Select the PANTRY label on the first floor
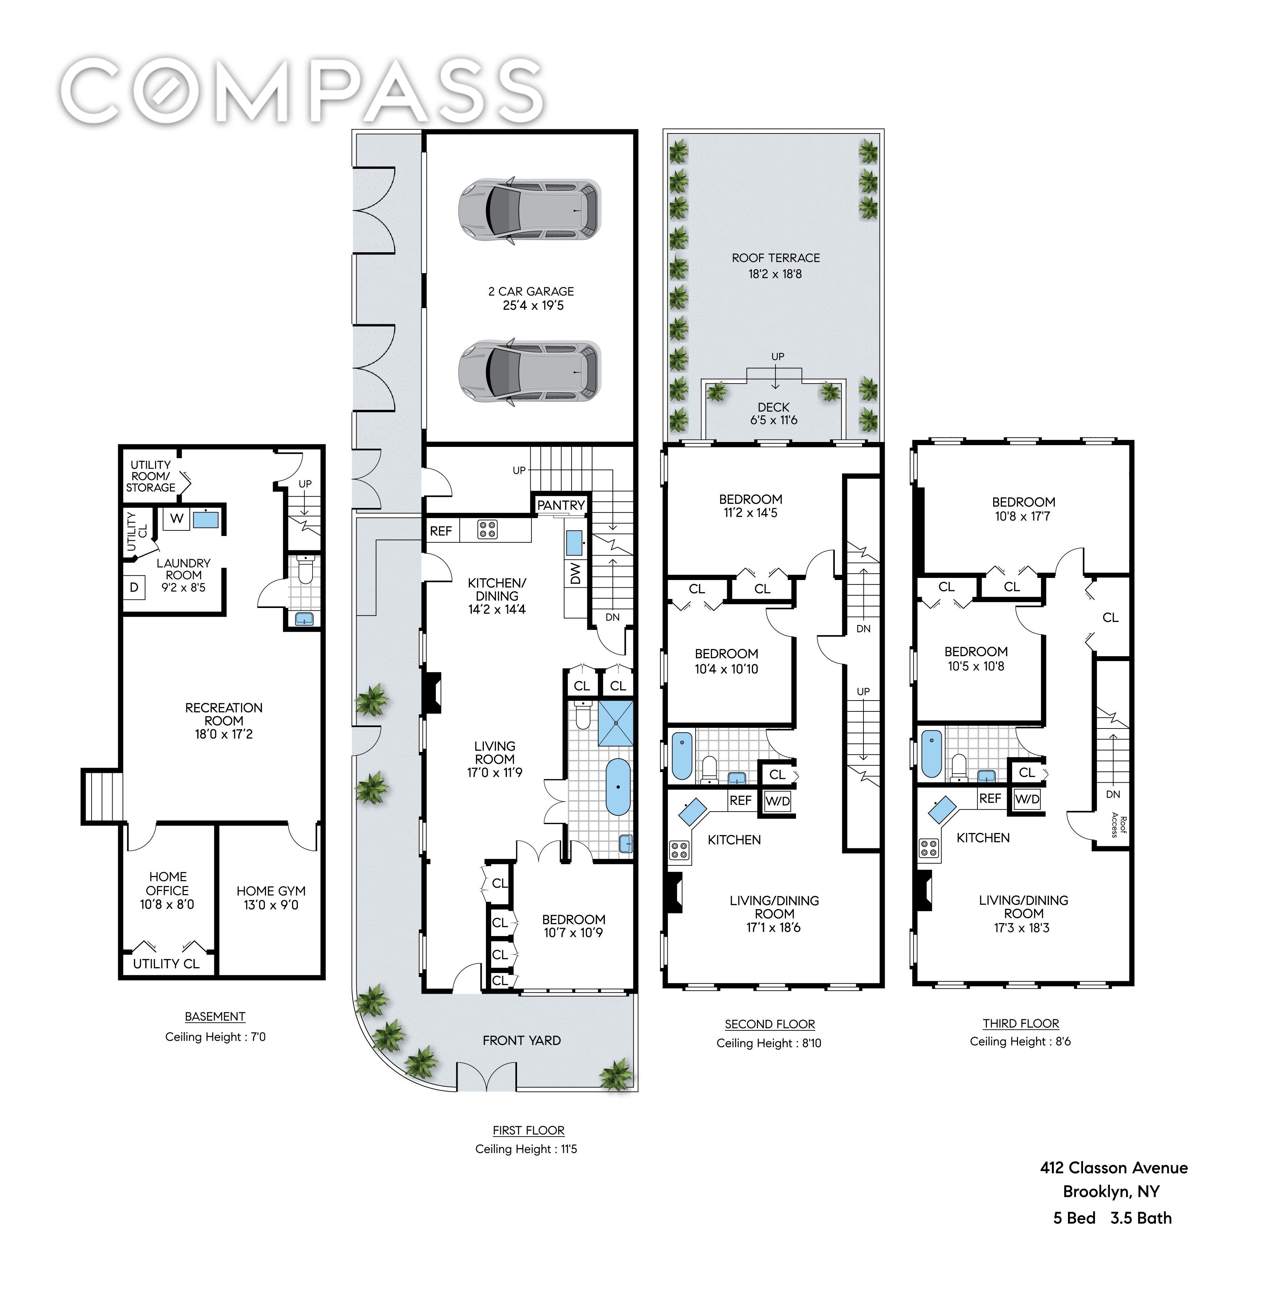[x=561, y=505]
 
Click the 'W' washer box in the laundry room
[x=176, y=518]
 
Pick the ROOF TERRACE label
[x=775, y=258]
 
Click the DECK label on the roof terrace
[x=774, y=407]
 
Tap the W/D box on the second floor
[x=777, y=801]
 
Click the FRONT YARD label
[x=522, y=1040]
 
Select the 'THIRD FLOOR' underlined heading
[x=1021, y=1023]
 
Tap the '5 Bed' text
[x=1074, y=1218]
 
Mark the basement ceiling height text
[x=215, y=1036]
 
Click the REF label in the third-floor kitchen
[x=990, y=798]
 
